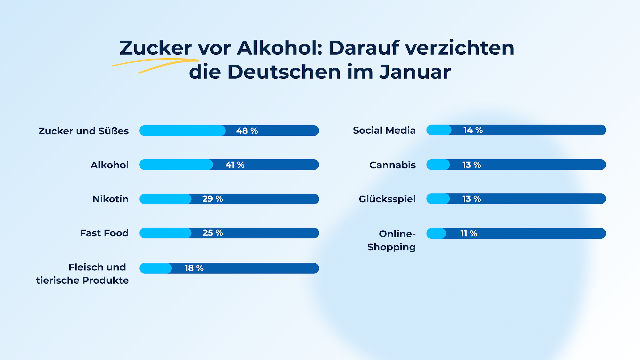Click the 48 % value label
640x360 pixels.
coord(247,131)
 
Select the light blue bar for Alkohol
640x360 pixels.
coord(176,165)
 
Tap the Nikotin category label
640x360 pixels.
coord(110,199)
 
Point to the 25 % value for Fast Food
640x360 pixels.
coord(213,233)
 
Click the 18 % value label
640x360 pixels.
coord(194,268)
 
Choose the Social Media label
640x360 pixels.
coord(384,130)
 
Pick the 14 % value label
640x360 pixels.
coord(473,130)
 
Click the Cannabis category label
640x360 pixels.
coord(392,165)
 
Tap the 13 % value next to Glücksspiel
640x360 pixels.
coord(471,199)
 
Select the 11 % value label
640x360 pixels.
coord(469,233)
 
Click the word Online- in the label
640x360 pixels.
coord(397,234)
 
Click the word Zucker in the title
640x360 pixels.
coord(155,48)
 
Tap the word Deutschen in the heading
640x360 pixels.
coord(284,72)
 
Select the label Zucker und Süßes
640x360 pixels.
coord(83,131)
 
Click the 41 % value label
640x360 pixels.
coord(235,165)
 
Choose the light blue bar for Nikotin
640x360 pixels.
coord(165,199)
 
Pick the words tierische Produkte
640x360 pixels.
coord(82,280)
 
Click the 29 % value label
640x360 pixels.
coord(212,199)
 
